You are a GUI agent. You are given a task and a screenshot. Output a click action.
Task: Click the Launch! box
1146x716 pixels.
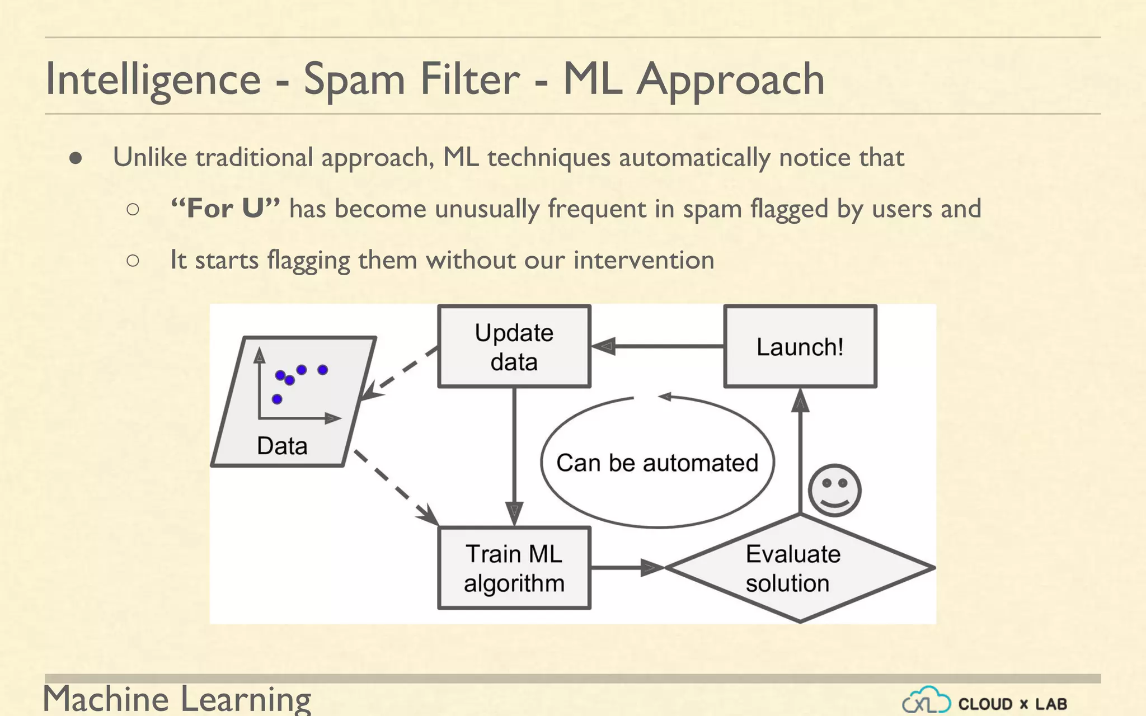(800, 346)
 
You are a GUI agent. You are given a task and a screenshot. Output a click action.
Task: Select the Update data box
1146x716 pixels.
(514, 346)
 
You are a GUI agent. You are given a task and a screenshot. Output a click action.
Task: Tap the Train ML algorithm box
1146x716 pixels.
(514, 568)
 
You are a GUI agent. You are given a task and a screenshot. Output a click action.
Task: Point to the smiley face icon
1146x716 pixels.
(834, 491)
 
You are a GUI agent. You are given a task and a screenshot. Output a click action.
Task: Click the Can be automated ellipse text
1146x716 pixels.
(657, 463)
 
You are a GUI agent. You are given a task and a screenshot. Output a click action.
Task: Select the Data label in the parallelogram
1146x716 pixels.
(282, 446)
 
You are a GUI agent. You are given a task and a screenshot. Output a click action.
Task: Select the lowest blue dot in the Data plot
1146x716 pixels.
(277, 399)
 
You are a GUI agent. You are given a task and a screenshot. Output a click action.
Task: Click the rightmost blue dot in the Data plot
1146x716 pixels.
(322, 370)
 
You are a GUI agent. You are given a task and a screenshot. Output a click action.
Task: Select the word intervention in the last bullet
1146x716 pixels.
(644, 260)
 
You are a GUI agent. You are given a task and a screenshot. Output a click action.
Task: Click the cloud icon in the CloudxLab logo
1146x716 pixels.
(926, 700)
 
